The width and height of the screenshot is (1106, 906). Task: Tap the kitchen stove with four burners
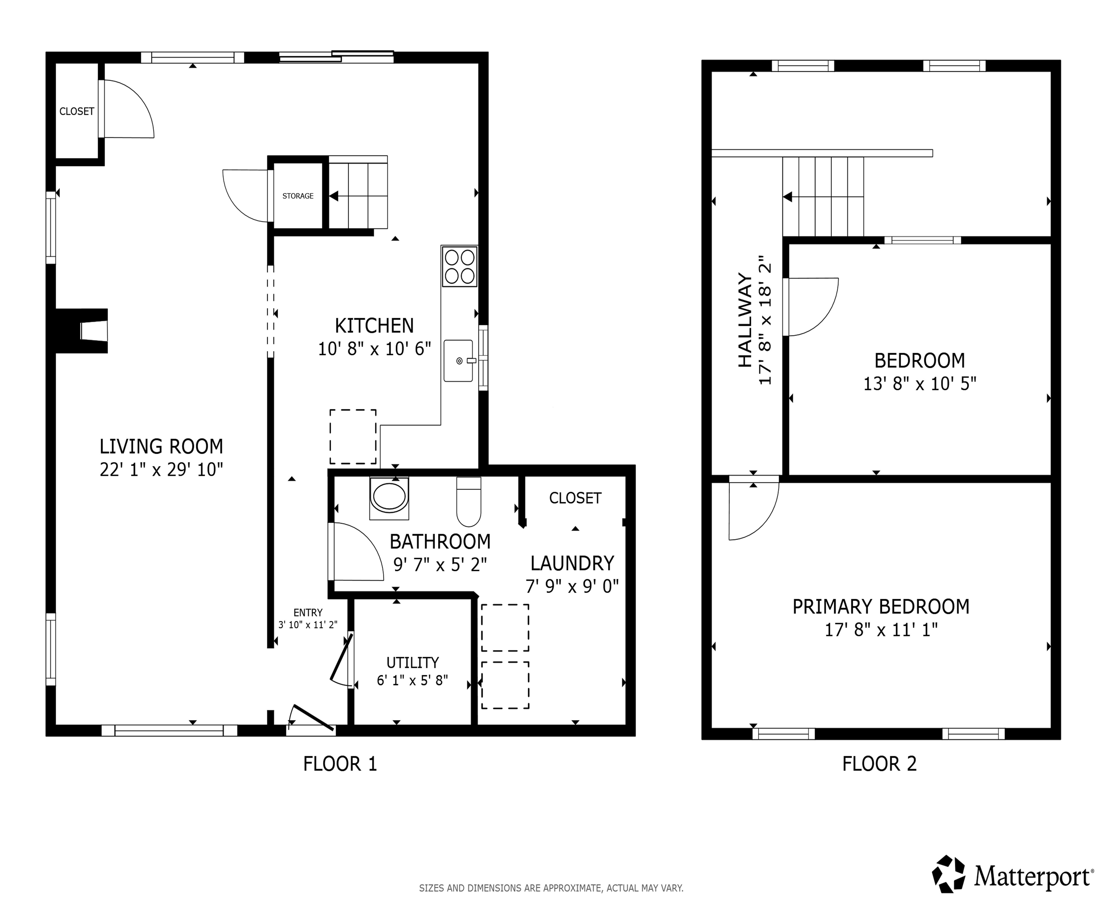[459, 267]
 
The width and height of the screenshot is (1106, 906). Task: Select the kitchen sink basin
[458, 361]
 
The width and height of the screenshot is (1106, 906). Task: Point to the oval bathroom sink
[389, 497]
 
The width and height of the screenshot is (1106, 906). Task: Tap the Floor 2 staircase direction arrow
[788, 197]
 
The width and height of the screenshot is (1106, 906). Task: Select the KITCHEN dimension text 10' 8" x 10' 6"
[374, 349]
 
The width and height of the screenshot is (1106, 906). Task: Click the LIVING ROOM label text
[161, 447]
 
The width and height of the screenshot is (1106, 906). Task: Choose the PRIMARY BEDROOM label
[881, 606]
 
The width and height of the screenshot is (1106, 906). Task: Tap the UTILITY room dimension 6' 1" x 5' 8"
[412, 681]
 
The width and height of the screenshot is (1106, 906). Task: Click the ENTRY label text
[308, 612]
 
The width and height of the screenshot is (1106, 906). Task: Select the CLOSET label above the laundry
[575, 498]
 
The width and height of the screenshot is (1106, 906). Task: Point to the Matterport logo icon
[948, 874]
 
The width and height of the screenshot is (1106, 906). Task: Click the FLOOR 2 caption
[879, 764]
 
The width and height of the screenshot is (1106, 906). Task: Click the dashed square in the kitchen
[353, 436]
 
